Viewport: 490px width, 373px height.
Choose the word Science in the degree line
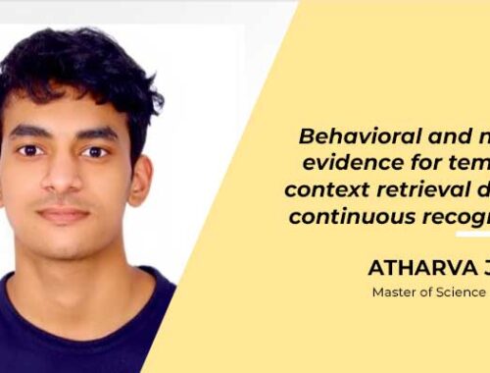pyautogui.click(x=463, y=292)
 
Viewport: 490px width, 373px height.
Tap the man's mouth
pyautogui.click(x=64, y=213)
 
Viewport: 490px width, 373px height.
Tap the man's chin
pyautogui.click(x=63, y=245)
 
